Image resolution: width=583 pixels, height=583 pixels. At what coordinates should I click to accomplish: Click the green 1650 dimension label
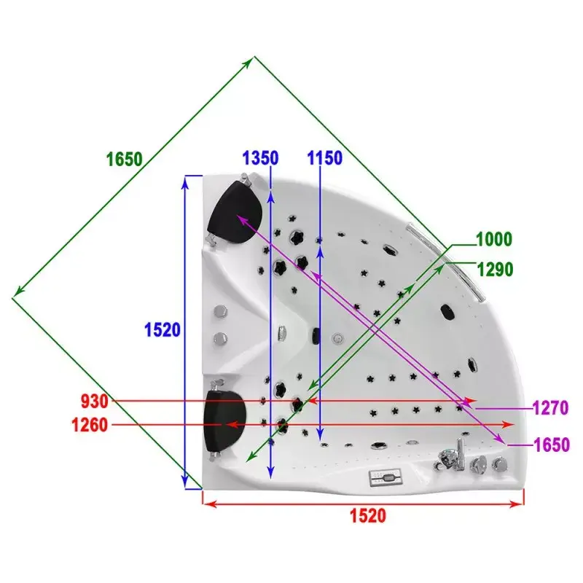point(125,159)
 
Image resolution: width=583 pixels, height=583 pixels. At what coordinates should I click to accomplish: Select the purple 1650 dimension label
point(552,445)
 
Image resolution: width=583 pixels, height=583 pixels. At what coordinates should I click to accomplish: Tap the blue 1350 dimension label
point(260,157)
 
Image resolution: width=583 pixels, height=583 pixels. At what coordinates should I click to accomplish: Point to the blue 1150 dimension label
point(324,157)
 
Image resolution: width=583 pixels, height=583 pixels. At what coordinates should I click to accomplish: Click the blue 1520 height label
point(163,330)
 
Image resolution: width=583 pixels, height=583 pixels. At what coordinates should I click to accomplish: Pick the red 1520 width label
point(368,516)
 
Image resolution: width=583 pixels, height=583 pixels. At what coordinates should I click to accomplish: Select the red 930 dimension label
point(95,402)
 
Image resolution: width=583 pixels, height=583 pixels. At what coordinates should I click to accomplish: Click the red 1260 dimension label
point(90,425)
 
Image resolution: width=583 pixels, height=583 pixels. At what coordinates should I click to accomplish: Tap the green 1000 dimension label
point(494,239)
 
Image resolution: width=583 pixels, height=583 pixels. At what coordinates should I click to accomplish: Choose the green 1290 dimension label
point(495,270)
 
